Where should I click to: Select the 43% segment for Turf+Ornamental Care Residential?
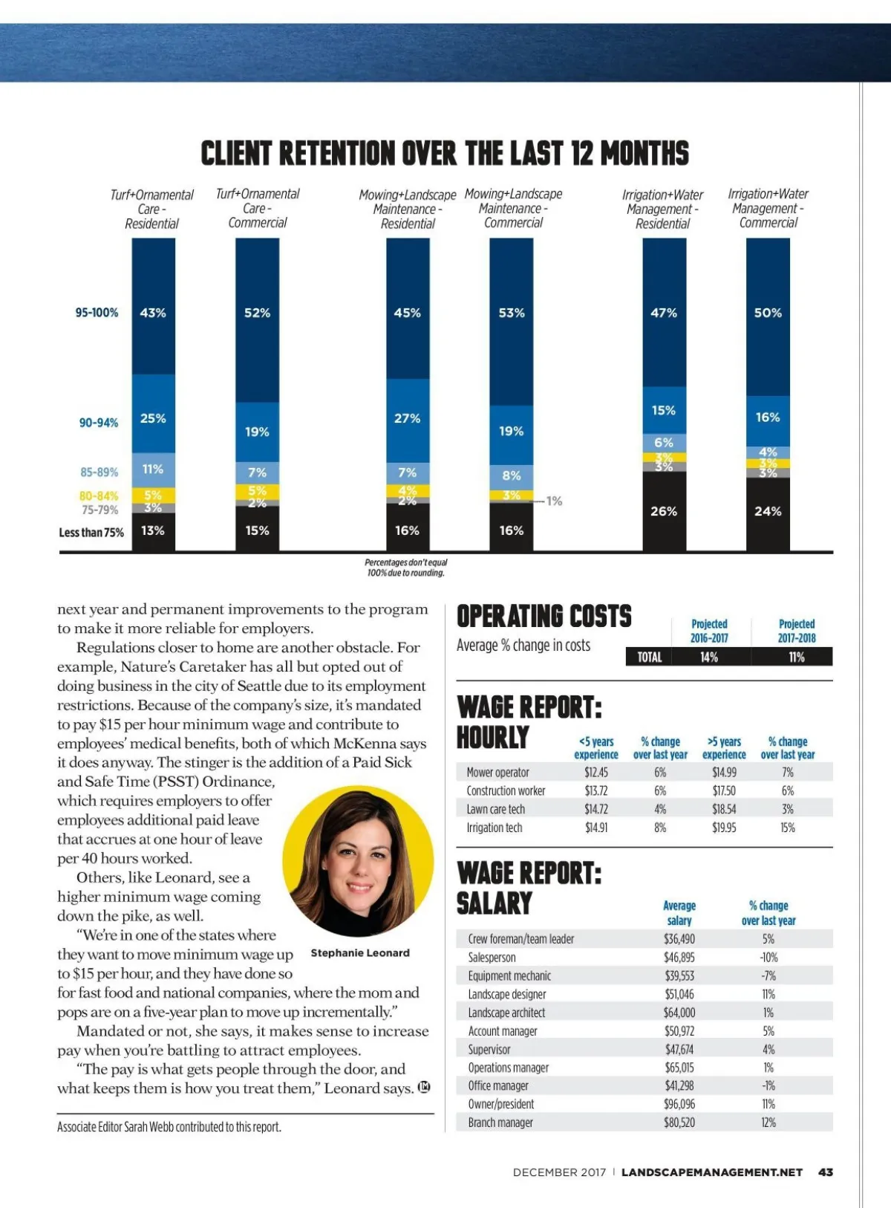pyautogui.click(x=153, y=313)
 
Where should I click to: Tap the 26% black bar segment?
pyautogui.click(x=664, y=511)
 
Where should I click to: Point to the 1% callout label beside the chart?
pyautogui.click(x=554, y=501)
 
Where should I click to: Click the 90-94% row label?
pyautogui.click(x=99, y=423)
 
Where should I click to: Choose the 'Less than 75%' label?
pyautogui.click(x=91, y=532)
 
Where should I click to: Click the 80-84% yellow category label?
pyautogui.click(x=99, y=496)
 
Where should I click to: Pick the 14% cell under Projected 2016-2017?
pyautogui.click(x=708, y=657)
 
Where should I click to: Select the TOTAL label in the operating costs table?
pyautogui.click(x=649, y=657)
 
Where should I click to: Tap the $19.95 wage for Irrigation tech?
pyautogui.click(x=724, y=828)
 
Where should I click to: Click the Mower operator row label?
pyautogui.click(x=497, y=773)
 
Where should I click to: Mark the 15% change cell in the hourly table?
pyautogui.click(x=788, y=828)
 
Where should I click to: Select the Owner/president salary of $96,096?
pyautogui.click(x=679, y=1104)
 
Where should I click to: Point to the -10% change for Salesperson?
pyautogui.click(x=768, y=958)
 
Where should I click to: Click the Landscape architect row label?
pyautogui.click(x=506, y=1013)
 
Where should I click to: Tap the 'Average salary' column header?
pyautogui.click(x=679, y=913)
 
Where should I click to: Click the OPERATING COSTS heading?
pyautogui.click(x=544, y=617)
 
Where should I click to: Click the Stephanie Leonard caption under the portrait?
pyautogui.click(x=360, y=953)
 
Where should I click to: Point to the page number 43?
pyautogui.click(x=826, y=1172)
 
